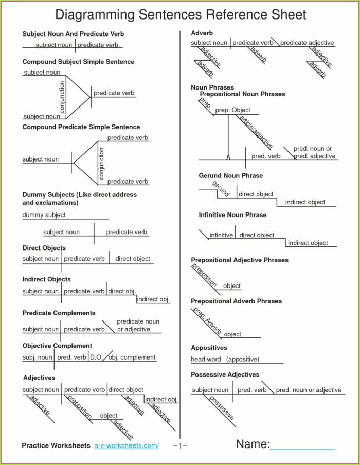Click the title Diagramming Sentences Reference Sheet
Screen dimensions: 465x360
[181, 14]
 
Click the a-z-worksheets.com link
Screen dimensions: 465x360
[127, 445]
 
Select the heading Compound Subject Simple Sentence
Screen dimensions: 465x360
[78, 62]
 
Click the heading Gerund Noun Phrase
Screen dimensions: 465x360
[231, 176]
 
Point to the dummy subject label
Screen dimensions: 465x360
[44, 215]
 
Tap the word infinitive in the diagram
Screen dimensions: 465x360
[221, 235]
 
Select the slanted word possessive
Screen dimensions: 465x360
[222, 408]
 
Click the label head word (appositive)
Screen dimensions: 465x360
[225, 359]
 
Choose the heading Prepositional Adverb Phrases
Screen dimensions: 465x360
[236, 301]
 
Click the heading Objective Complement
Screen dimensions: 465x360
[57, 346]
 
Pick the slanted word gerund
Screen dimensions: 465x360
[221, 189]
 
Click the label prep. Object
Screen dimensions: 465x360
[232, 110]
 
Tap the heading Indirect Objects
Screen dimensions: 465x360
[46, 279]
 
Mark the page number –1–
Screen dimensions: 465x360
[180, 445]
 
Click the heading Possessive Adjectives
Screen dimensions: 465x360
[225, 374]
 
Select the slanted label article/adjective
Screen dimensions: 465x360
[255, 132]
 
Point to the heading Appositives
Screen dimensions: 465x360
[209, 348]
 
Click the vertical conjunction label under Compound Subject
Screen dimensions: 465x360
[63, 97]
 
